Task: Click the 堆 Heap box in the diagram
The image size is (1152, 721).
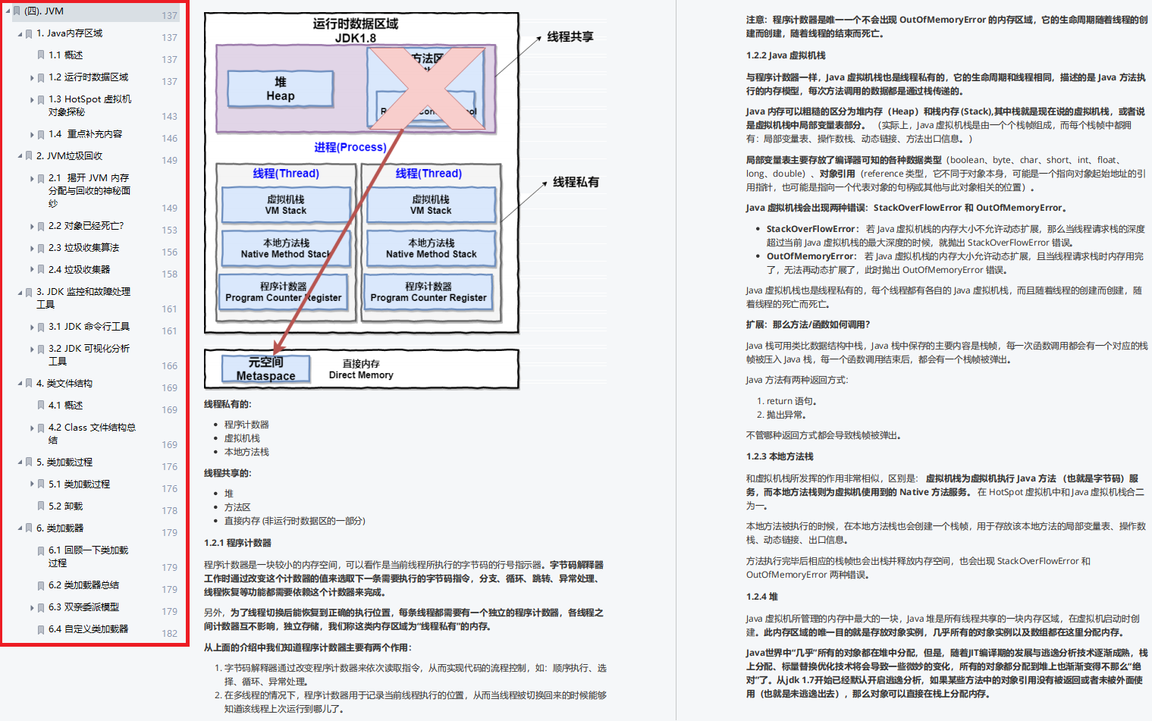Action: (x=280, y=89)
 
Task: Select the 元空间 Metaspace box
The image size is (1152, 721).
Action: (x=265, y=368)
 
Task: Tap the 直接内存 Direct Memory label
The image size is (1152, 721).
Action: (x=361, y=369)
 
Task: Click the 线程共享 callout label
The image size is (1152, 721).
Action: (x=570, y=36)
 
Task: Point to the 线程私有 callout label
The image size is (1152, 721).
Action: (x=576, y=182)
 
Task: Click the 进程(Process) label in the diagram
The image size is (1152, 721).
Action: (x=350, y=147)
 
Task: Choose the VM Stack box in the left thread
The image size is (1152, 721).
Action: (x=286, y=205)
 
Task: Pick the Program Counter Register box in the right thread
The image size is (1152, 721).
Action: (x=428, y=292)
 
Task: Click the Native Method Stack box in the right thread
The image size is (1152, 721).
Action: (x=431, y=249)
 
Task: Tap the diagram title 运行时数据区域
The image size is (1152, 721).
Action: (x=355, y=24)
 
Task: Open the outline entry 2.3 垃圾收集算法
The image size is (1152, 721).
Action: (x=83, y=248)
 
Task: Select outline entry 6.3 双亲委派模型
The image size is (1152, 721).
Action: (x=83, y=607)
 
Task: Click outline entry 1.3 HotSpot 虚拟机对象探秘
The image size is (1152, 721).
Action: (x=89, y=105)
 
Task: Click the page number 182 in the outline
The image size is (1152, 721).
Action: (x=169, y=634)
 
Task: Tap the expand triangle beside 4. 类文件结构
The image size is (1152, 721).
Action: (x=20, y=384)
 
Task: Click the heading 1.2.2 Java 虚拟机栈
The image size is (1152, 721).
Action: (x=786, y=55)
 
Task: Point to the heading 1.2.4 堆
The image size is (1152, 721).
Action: (x=761, y=597)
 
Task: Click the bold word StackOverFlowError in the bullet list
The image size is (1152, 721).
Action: (x=811, y=229)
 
